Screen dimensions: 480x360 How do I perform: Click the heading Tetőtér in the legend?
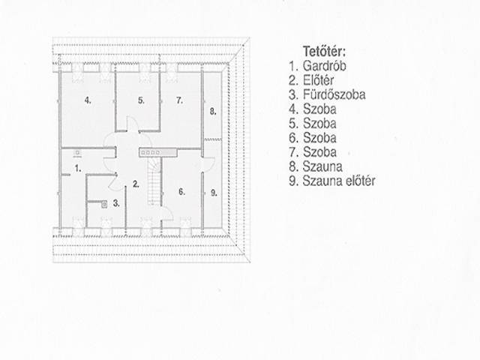[324, 52]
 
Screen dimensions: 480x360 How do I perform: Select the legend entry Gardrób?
[324, 66]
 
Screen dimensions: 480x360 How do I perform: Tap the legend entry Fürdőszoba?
[334, 94]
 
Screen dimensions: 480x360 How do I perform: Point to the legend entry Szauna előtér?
[338, 181]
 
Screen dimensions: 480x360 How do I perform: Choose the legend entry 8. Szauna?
[316, 166]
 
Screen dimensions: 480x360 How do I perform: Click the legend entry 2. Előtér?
[311, 80]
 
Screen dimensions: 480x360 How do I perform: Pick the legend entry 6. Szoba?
[313, 138]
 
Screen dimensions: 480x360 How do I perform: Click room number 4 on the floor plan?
[88, 100]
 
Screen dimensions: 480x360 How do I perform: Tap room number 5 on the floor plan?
[141, 100]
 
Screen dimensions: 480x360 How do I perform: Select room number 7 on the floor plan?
[180, 100]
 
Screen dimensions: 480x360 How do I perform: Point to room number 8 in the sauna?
[213, 112]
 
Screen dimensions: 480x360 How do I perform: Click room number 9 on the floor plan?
[214, 193]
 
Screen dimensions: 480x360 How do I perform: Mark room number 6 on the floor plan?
[181, 192]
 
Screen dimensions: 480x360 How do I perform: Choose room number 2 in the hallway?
[136, 184]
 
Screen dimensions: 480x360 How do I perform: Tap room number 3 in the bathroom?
[116, 203]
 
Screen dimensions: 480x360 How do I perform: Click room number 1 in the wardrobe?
[78, 168]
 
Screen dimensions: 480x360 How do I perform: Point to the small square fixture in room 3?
[105, 204]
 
